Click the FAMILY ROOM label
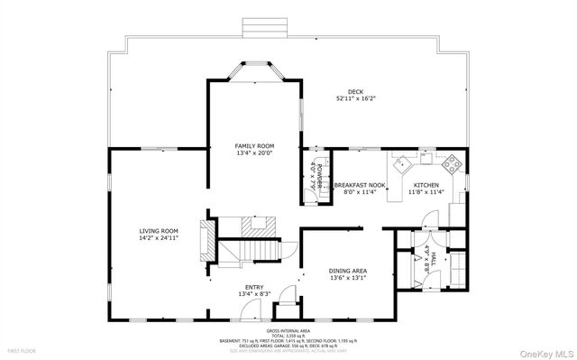coord(254,145)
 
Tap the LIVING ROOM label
coord(158,231)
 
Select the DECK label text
coord(356,93)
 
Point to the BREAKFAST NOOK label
coord(360,185)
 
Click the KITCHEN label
coord(426,185)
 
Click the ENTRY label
coord(255,288)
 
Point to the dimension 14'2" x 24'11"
coord(158,238)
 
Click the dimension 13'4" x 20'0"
coord(254,152)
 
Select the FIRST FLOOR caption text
coord(22,349)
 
